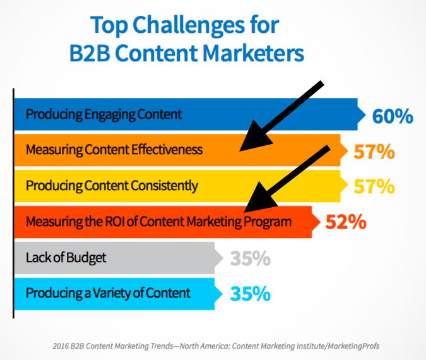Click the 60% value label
(x=393, y=116)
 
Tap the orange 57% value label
(x=375, y=152)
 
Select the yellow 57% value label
(x=375, y=187)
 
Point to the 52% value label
(x=346, y=222)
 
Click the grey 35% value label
(x=251, y=258)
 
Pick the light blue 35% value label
(x=251, y=294)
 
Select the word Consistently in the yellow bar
(x=163, y=186)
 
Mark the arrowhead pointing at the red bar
(x=255, y=201)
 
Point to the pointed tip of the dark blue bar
(x=364, y=115)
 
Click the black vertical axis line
(x=14, y=202)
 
